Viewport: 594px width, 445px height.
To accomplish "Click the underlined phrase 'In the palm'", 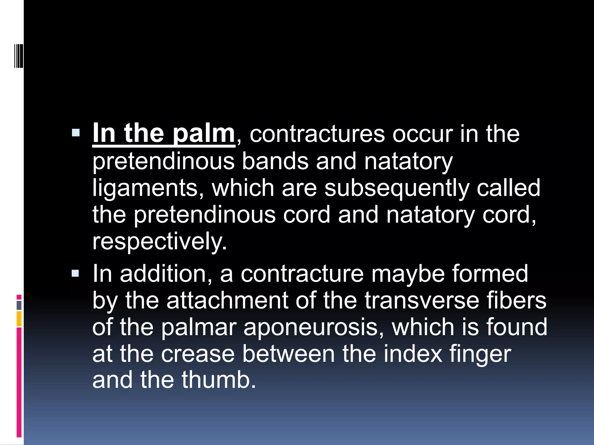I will (163, 134).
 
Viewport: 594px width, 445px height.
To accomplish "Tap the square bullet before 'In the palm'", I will (75, 133).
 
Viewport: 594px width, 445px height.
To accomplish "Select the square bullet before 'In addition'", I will (75, 273).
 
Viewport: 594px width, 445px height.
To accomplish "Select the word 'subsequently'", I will (396, 188).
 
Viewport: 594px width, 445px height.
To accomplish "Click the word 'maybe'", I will (408, 274).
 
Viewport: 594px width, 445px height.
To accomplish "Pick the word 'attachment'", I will (227, 300).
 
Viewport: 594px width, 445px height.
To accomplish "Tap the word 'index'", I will (413, 354).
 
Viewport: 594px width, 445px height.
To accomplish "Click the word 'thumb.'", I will (219, 380).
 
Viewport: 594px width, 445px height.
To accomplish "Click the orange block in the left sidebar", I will (19, 319).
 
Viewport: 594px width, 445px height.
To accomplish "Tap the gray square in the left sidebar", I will (19, 305).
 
